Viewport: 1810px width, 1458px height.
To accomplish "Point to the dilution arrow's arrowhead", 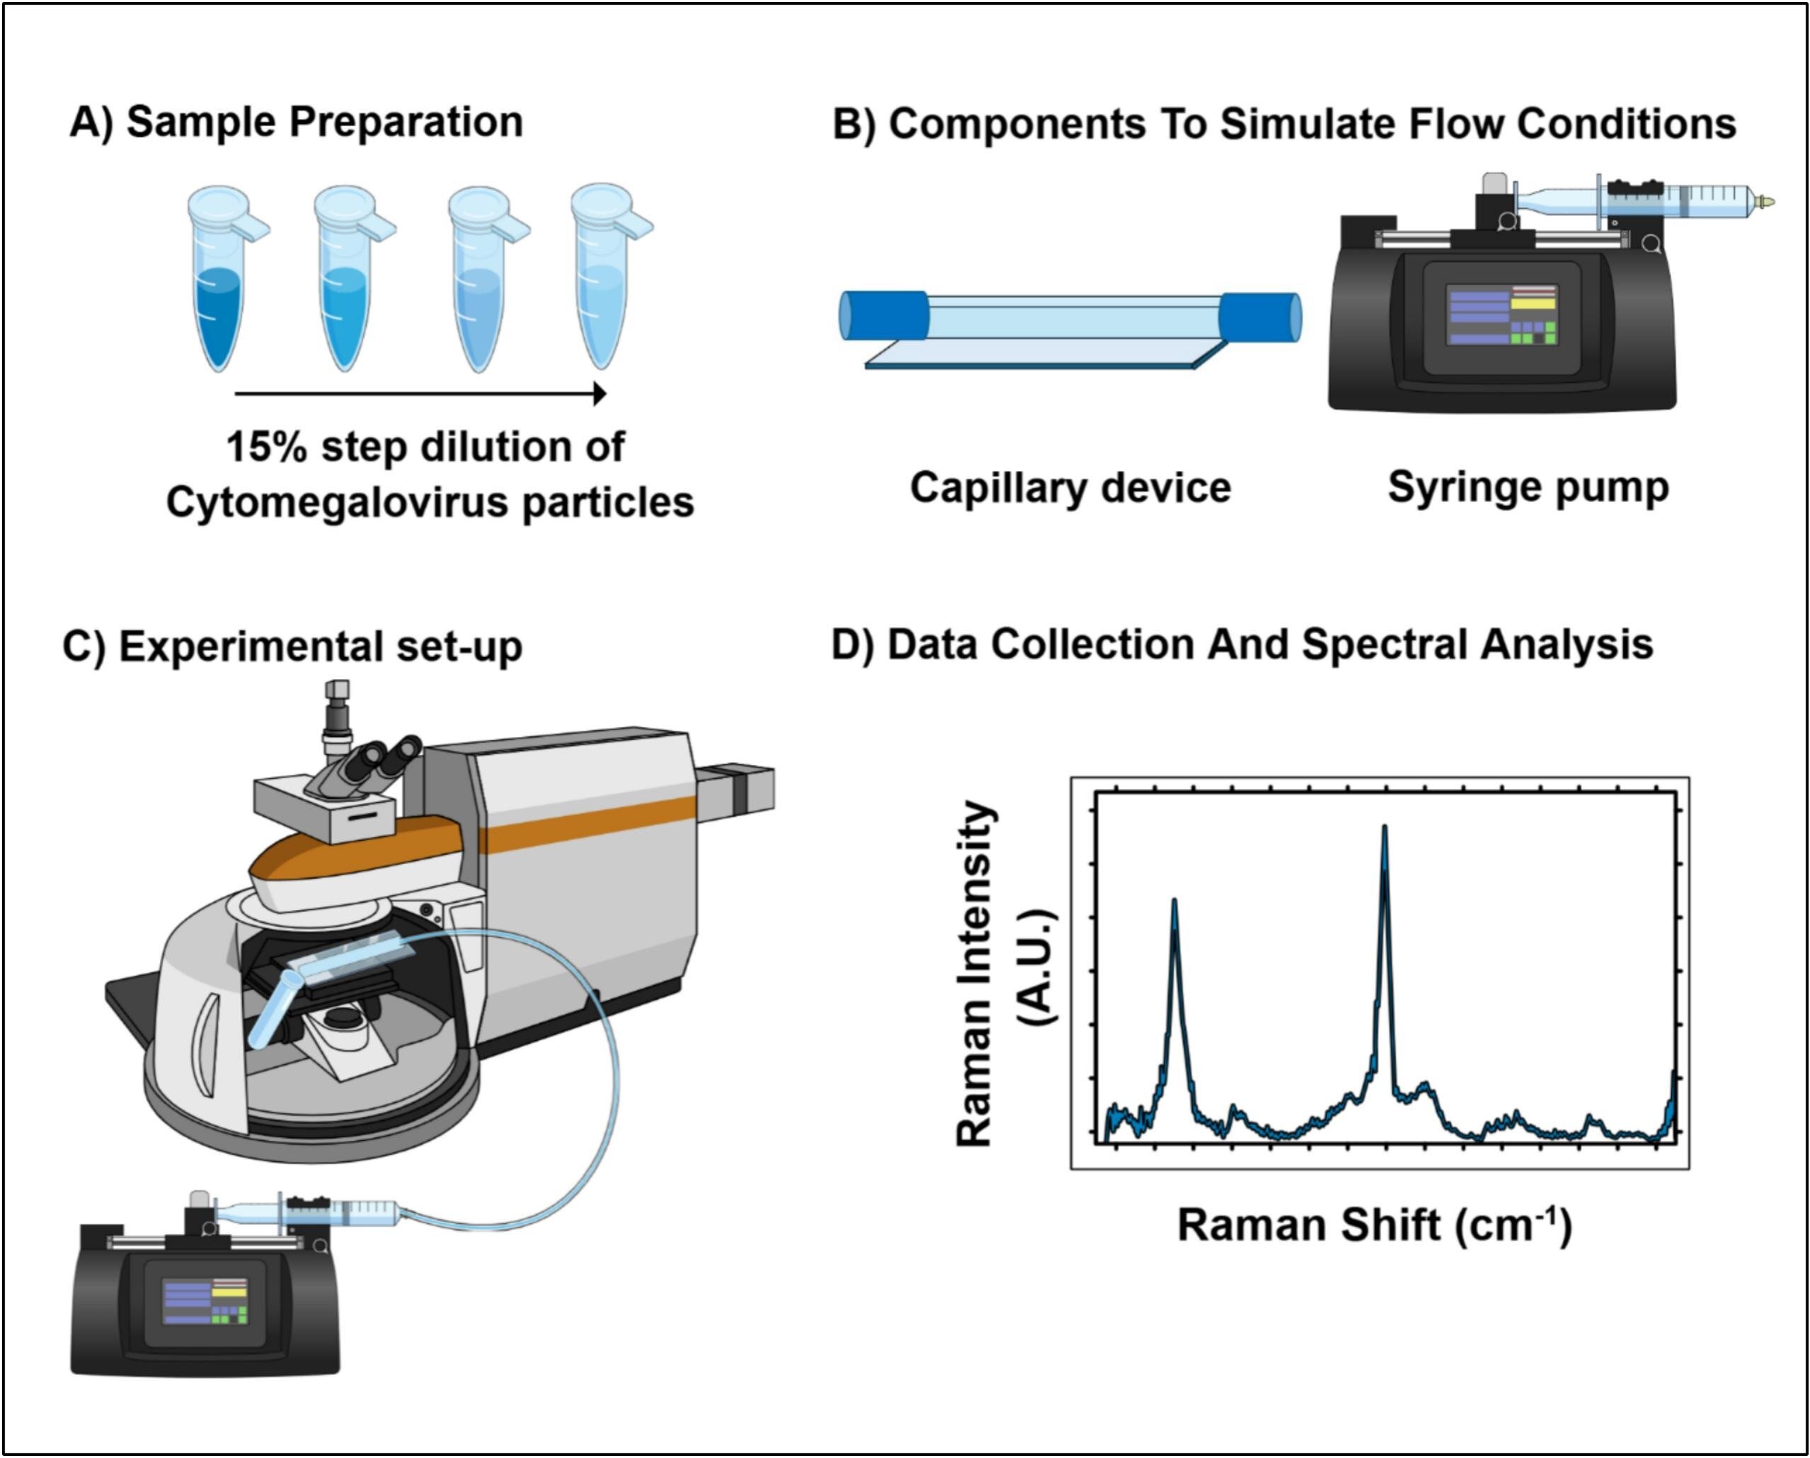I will point(600,393).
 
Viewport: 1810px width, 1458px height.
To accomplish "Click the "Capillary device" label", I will point(1070,488).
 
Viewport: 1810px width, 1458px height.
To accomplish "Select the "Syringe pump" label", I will point(1528,488).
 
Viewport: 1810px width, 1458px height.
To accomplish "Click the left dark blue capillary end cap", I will point(884,316).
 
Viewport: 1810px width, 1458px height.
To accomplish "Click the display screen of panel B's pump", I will point(1501,316).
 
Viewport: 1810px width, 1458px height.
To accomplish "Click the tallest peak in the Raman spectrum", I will point(1385,831).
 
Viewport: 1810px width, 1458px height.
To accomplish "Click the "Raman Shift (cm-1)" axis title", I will point(1374,1225).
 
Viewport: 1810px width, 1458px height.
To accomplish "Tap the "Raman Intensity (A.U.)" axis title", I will point(1006,974).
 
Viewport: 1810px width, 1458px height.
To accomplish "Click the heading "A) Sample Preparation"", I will point(297,123).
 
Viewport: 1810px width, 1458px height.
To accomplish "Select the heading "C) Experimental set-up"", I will point(292,647).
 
